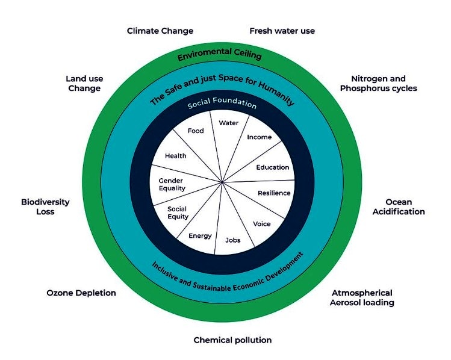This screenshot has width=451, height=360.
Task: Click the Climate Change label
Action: pos(160,31)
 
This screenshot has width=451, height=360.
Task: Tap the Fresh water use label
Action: pos(282,31)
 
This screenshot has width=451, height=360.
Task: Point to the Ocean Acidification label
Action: pos(398,206)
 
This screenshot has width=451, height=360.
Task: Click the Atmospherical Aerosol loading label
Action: pos(361,297)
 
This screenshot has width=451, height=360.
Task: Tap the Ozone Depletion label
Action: pos(81,293)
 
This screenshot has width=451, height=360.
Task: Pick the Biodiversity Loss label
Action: pos(45,206)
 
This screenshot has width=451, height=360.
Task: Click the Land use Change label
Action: pos(83,84)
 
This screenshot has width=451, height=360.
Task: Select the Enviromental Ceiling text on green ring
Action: pos(219,57)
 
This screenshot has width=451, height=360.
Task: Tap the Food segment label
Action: pos(196,131)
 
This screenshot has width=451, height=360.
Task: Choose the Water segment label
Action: pos(229,123)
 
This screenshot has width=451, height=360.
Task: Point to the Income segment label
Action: pos(260,137)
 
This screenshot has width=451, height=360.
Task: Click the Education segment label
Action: pos(273,167)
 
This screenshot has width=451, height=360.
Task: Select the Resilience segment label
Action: pos(274,193)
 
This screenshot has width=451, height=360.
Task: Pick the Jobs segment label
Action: pos(232,240)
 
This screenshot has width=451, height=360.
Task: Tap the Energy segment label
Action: pos(200,235)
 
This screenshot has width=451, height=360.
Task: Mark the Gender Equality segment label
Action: pos(172,184)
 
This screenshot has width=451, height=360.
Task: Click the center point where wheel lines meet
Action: pos(223,182)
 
